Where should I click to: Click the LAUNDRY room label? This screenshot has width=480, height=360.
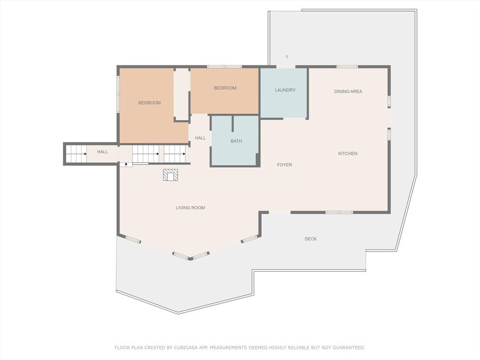[285, 90]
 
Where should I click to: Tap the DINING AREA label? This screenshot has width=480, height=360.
[348, 92]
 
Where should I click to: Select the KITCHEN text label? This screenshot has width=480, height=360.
[348, 154]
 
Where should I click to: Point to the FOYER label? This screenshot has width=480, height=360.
[284, 165]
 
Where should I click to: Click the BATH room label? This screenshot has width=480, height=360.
[236, 141]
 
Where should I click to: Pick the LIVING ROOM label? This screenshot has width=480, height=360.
[190, 208]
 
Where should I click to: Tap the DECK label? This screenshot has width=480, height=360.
[311, 239]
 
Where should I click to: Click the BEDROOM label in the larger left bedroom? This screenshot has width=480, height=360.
[149, 103]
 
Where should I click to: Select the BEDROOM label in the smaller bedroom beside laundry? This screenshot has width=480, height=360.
[225, 88]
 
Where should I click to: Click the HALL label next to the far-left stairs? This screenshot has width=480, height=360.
[102, 152]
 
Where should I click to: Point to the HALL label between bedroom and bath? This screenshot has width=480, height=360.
[200, 138]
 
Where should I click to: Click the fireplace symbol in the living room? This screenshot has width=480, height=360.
[171, 176]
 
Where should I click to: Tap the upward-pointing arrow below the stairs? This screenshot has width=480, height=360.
[126, 163]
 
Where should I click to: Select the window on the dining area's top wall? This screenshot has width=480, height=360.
[347, 67]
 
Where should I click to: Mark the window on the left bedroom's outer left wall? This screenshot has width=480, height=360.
[118, 93]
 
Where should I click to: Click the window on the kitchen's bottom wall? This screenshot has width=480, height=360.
[339, 212]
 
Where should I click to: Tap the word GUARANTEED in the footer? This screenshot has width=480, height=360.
[346, 347]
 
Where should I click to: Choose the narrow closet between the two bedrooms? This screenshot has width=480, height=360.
[182, 94]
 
